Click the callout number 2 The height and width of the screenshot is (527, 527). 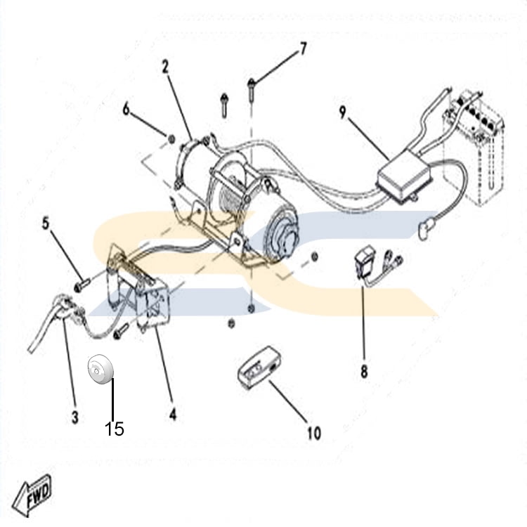tap(165, 67)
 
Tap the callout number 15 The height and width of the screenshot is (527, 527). tap(115, 428)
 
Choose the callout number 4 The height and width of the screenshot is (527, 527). tap(173, 416)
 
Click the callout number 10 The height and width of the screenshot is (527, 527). tap(314, 433)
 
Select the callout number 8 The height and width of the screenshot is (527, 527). tap(364, 372)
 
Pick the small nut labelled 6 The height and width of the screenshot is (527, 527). tap(171, 136)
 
